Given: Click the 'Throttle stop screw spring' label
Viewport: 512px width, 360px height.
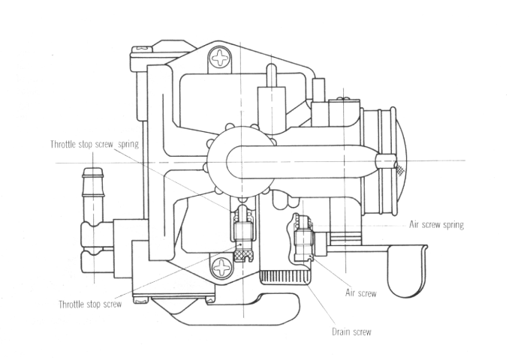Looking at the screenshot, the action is coord(95,144).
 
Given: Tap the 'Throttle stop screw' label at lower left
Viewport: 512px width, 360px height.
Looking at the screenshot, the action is coord(90,304).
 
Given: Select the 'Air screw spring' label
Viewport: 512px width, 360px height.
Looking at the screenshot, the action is coord(436,225).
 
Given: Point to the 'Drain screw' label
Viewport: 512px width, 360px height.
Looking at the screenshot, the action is coord(351,332).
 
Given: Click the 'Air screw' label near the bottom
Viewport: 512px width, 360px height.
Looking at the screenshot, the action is coord(361,293).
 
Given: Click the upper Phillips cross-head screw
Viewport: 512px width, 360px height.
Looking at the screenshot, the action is coord(220,58).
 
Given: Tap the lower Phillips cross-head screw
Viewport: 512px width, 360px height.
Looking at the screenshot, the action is coord(221,268).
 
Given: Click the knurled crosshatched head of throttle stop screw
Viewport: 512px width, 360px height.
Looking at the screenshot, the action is coord(242,253).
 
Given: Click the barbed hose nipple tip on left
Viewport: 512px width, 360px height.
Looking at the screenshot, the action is coord(93,172).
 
